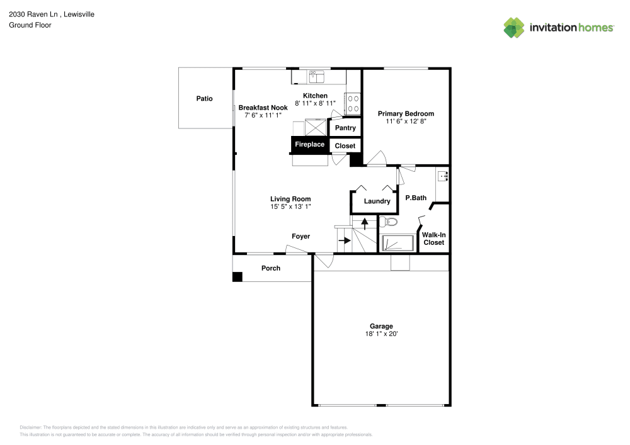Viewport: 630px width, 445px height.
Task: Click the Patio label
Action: click(x=204, y=99)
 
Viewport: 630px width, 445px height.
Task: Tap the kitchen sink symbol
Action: click(x=316, y=77)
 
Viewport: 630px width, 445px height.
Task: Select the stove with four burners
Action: click(x=352, y=103)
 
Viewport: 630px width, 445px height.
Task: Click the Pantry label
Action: click(x=345, y=128)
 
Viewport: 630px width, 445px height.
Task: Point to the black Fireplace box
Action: click(x=309, y=145)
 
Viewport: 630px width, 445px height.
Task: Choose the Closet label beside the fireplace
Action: click(x=345, y=145)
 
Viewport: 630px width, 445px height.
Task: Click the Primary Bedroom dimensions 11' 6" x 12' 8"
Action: click(x=406, y=121)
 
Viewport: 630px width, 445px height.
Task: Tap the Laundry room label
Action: click(x=377, y=201)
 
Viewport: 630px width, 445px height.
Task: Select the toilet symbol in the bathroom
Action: click(x=388, y=222)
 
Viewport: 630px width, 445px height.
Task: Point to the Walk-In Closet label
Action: click(x=433, y=239)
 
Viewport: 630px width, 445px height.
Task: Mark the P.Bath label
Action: click(x=415, y=198)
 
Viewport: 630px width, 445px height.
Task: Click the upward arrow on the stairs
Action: click(x=364, y=223)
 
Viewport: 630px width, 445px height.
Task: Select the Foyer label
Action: click(x=301, y=237)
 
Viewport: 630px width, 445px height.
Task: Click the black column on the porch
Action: click(x=237, y=276)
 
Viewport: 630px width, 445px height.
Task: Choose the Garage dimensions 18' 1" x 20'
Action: click(x=381, y=334)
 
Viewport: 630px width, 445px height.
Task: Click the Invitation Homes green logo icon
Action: click(x=513, y=27)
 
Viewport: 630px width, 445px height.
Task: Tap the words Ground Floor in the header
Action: click(x=30, y=25)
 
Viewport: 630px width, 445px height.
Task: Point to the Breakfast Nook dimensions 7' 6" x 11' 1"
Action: click(x=263, y=115)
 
